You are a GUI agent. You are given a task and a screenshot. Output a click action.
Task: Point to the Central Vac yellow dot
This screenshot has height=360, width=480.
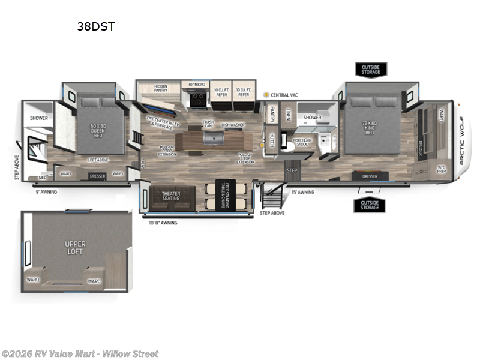(266, 95)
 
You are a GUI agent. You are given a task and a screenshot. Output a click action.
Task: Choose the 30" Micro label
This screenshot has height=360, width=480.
(197, 85)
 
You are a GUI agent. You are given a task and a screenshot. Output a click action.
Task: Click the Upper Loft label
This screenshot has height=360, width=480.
(76, 248)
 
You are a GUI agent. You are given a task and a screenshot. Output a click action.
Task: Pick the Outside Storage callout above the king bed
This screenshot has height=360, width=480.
(370, 69)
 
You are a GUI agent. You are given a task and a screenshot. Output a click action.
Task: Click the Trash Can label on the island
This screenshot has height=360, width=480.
(209, 124)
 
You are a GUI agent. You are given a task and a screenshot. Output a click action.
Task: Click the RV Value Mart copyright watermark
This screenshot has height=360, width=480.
(80, 353)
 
